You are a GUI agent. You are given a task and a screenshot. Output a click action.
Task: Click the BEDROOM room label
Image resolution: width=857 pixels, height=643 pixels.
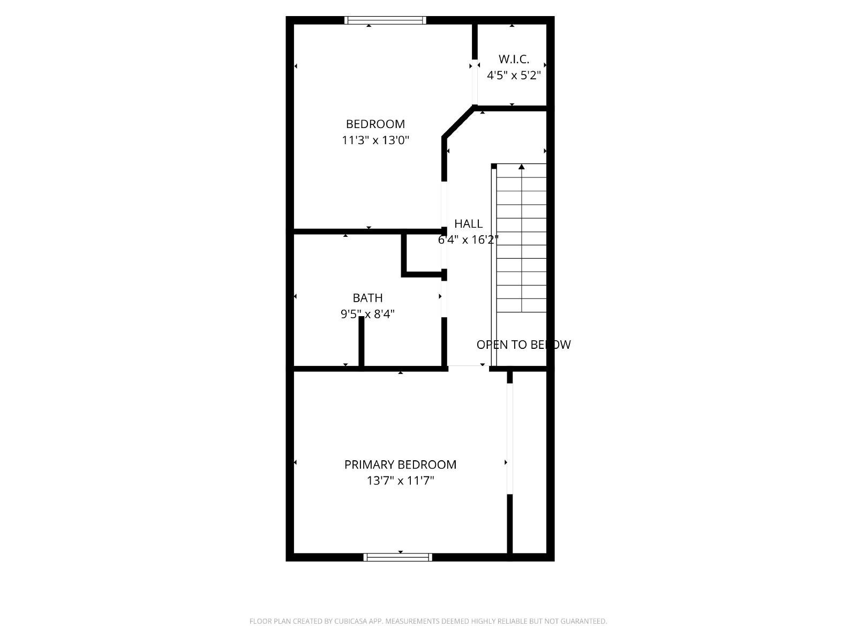[x=375, y=124]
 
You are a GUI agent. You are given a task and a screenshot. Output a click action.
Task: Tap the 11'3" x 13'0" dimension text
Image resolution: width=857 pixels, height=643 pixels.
[x=375, y=140]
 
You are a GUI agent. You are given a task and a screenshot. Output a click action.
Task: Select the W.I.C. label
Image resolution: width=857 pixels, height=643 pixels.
[x=514, y=59]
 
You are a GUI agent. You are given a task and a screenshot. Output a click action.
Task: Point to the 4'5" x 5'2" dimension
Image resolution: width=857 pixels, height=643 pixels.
[x=514, y=76]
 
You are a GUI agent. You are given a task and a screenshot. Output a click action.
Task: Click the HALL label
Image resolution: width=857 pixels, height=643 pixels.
[x=468, y=223]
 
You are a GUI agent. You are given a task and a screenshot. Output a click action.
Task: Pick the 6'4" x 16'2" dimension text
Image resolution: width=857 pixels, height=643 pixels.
[x=468, y=240]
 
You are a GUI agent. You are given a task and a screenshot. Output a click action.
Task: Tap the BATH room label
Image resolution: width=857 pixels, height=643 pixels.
[x=367, y=298]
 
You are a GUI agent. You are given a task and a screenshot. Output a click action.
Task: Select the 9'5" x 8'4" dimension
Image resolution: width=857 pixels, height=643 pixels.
[x=367, y=314]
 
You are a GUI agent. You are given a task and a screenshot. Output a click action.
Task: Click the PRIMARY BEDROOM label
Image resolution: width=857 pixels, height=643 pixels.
[x=400, y=465]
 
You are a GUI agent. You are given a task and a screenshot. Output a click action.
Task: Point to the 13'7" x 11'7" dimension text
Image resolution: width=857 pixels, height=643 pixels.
[x=400, y=481]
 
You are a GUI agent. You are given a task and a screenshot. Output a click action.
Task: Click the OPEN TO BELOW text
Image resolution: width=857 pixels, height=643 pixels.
[x=523, y=345]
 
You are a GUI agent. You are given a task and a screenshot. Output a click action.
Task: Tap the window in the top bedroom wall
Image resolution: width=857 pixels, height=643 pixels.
[x=385, y=20]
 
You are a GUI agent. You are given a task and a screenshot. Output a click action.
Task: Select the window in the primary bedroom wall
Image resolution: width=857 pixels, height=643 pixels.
[x=397, y=557]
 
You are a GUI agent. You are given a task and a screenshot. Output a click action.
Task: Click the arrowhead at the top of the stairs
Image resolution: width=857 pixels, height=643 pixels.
[x=522, y=167]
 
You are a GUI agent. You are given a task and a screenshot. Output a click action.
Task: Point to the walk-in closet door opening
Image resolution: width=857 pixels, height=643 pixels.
[x=475, y=82]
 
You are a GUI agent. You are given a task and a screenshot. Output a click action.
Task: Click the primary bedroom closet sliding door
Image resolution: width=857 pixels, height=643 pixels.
[x=509, y=439]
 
